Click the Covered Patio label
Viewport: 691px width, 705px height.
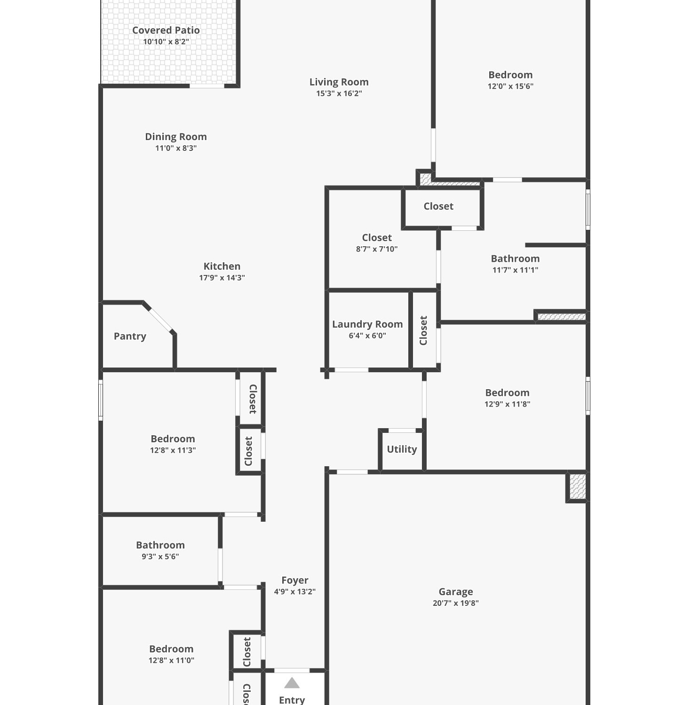pos(166,30)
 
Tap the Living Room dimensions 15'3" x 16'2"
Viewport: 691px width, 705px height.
pos(339,93)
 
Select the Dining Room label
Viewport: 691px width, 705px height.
pos(176,137)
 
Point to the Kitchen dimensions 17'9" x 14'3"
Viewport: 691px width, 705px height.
pos(222,277)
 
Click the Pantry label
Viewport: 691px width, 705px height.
pos(130,337)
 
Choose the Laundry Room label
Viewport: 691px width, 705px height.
pos(367,324)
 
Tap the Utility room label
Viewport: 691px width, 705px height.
pos(402,449)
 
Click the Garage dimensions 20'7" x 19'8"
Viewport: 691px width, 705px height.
pos(456,603)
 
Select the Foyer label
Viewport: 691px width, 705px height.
pos(295,580)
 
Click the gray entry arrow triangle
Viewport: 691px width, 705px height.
pos(292,683)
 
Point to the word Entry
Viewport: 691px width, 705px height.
pos(292,700)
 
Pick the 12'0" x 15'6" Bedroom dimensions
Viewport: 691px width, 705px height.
pos(510,86)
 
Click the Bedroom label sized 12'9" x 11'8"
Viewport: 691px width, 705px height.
pos(507,393)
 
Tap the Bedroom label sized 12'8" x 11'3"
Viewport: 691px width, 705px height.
pos(173,439)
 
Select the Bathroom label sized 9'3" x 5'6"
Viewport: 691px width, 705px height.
pos(160,545)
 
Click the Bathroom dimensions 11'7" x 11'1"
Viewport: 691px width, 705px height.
pos(515,270)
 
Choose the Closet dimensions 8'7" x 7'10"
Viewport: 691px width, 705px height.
pos(377,249)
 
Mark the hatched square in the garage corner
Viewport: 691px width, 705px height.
pos(578,487)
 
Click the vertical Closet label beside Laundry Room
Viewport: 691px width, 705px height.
pos(423,330)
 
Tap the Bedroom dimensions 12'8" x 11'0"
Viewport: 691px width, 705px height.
pos(171,660)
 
